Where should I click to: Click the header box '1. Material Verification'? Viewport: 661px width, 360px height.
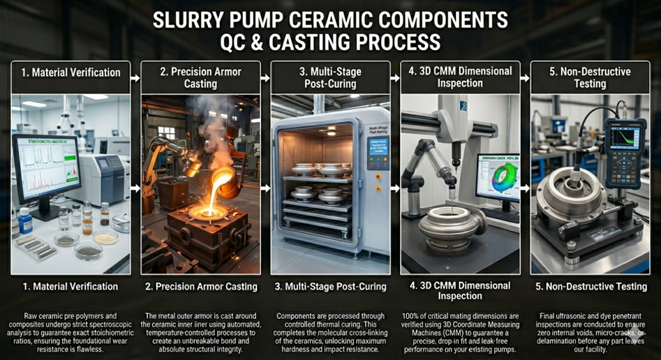[x=70, y=73]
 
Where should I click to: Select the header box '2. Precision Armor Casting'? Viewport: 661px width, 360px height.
[x=201, y=77]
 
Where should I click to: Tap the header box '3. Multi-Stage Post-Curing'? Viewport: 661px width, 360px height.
[x=331, y=77]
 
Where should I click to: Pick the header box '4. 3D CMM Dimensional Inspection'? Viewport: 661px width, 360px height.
[x=460, y=77]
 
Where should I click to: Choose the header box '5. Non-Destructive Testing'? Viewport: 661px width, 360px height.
[x=590, y=77]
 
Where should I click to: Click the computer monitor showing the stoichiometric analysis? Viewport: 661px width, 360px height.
[x=46, y=167]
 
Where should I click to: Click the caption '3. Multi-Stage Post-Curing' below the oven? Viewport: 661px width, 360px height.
[x=331, y=286]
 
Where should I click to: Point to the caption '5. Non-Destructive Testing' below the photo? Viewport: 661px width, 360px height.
[x=590, y=286]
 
